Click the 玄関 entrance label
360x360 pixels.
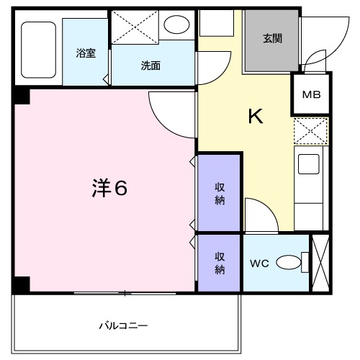(271, 38)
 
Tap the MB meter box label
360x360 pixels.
(311, 94)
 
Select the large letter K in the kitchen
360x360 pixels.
(256, 116)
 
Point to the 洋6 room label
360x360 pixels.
(109, 189)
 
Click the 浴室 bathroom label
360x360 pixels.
(86, 53)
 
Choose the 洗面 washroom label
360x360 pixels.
(150, 65)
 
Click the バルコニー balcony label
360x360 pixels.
(123, 326)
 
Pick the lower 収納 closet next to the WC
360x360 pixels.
(220, 263)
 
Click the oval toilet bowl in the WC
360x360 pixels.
(289, 264)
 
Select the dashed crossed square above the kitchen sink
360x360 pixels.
(311, 132)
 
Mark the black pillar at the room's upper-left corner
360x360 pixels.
(22, 94)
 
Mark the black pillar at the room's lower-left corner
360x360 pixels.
(22, 284)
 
